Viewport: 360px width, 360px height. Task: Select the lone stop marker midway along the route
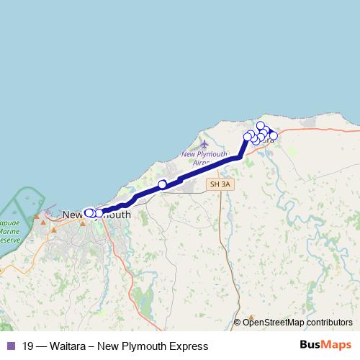[163, 184]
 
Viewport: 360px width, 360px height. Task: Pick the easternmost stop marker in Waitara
[273, 135]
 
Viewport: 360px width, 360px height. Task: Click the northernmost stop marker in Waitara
[261, 126]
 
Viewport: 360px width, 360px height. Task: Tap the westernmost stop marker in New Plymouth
[89, 212]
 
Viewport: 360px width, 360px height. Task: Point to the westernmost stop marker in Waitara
[247, 137]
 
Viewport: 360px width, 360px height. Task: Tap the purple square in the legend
[10, 346]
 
